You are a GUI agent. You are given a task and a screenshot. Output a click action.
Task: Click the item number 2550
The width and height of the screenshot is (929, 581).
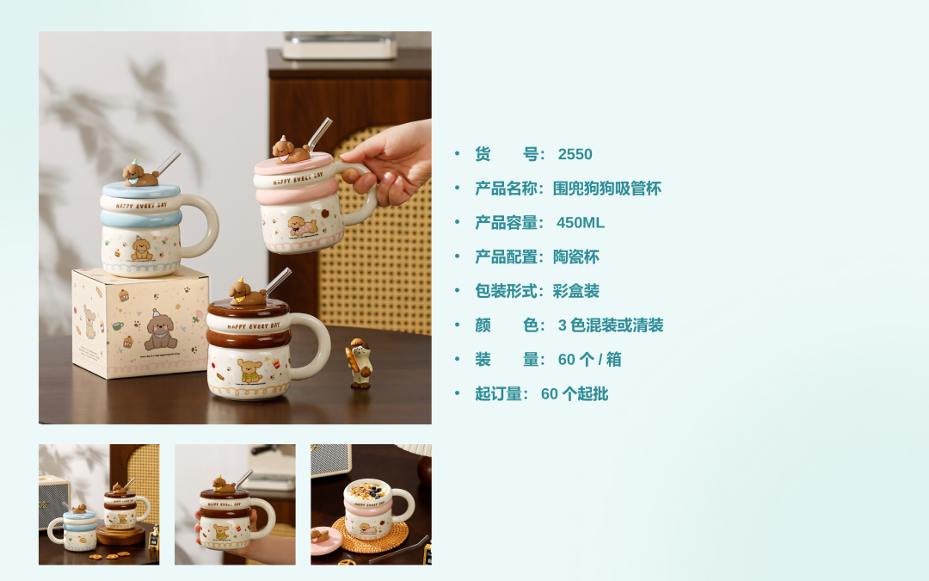point(575,154)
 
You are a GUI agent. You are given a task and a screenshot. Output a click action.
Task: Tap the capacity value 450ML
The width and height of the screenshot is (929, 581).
point(580,223)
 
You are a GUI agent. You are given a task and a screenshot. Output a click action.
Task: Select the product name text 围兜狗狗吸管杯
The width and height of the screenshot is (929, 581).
point(606,189)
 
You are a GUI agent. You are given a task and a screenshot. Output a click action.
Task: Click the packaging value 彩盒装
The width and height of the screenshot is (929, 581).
point(575,291)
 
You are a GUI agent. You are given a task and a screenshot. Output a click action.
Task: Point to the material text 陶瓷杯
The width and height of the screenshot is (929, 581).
point(575,257)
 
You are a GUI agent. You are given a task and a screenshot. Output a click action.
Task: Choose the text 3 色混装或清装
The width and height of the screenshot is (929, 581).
point(610,324)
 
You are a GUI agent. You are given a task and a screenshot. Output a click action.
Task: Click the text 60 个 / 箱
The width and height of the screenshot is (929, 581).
point(589,359)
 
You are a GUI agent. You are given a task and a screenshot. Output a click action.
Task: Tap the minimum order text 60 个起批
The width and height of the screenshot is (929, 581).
point(574,393)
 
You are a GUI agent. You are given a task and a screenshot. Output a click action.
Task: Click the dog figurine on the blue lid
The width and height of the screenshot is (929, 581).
point(140,173)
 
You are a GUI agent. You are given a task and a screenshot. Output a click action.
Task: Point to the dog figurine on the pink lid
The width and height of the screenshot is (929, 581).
point(291,150)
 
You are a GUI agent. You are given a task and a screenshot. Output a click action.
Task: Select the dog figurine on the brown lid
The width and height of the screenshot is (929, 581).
point(247,292)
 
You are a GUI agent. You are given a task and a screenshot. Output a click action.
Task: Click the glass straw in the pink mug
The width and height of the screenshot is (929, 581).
point(319,134)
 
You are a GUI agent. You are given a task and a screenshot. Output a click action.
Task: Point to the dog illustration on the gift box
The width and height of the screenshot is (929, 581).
point(159,331)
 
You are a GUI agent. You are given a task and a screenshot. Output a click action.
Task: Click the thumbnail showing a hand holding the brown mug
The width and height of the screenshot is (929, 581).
point(235,504)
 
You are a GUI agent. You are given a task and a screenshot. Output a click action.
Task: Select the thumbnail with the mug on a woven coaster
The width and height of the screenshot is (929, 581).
point(371,504)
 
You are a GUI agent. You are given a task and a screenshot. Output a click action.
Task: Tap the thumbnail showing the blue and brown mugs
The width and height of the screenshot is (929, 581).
point(99,504)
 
